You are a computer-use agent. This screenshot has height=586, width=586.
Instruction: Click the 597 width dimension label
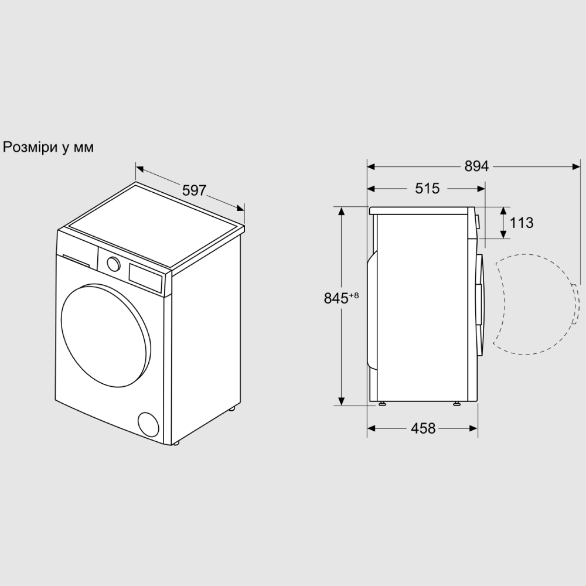tap(194, 190)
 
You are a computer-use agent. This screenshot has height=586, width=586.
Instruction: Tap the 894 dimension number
tap(476, 166)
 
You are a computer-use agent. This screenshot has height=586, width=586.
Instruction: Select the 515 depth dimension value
tap(427, 188)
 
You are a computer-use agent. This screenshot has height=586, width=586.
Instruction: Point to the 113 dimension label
tap(522, 223)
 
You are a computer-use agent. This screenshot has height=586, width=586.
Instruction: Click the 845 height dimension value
tap(336, 298)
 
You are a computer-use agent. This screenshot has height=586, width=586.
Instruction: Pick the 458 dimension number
tap(423, 428)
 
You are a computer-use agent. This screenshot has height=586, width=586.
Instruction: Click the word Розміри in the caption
tap(30, 147)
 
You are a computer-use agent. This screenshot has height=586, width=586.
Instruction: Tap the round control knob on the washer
tap(113, 264)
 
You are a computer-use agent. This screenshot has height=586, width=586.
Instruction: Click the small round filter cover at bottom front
tap(148, 424)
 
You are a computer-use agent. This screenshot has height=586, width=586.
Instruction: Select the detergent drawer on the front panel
tap(76, 260)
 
